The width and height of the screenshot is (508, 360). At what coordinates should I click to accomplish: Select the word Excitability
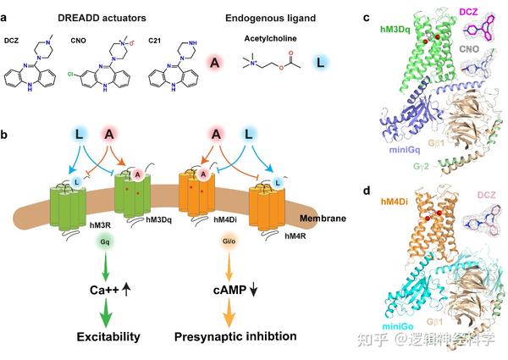click(107, 336)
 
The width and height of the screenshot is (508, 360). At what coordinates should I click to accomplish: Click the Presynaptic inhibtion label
click(237, 336)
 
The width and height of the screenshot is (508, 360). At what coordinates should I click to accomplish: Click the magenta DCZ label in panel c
click(480, 11)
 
